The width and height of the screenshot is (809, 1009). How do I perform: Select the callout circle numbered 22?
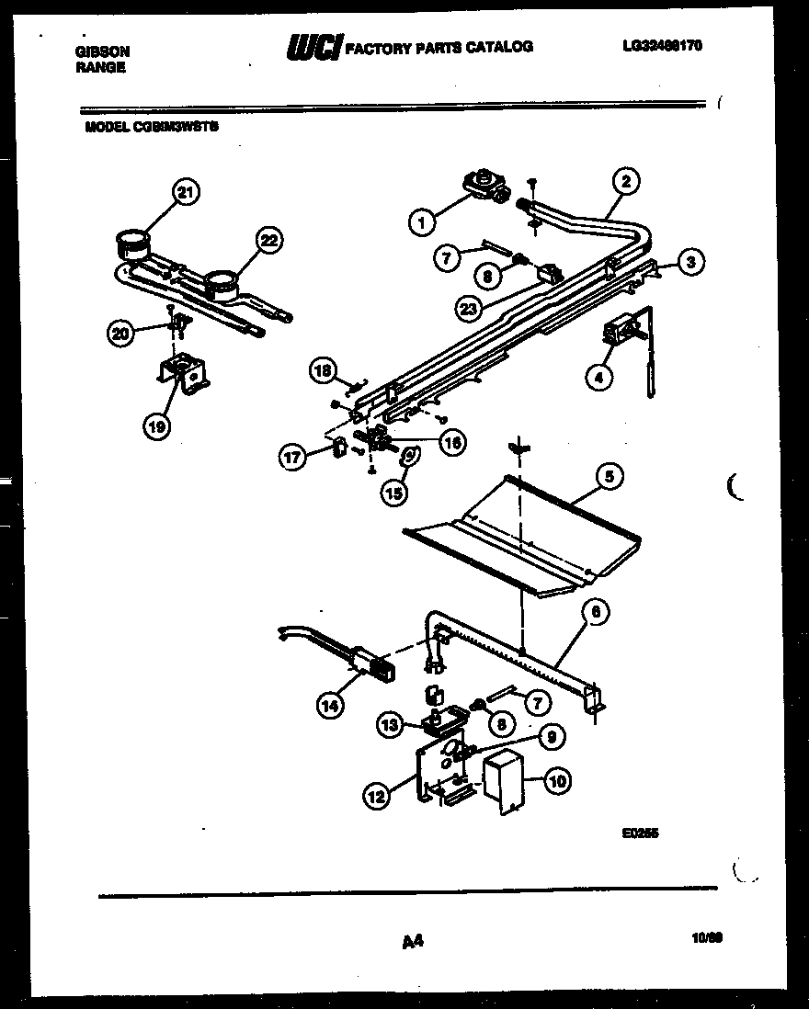click(x=268, y=241)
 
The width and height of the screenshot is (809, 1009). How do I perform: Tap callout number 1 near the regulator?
click(x=421, y=221)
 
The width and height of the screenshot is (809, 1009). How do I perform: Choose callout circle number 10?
click(x=558, y=782)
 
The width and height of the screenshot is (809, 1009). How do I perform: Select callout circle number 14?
click(x=329, y=706)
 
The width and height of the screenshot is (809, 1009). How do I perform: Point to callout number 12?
click(x=376, y=797)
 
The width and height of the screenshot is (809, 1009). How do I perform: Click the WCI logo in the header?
click(x=313, y=47)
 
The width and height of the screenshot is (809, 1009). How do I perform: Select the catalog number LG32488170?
click(x=661, y=45)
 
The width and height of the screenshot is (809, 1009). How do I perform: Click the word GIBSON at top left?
click(x=102, y=52)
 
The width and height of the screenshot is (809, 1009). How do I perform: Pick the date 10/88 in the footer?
click(x=706, y=939)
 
